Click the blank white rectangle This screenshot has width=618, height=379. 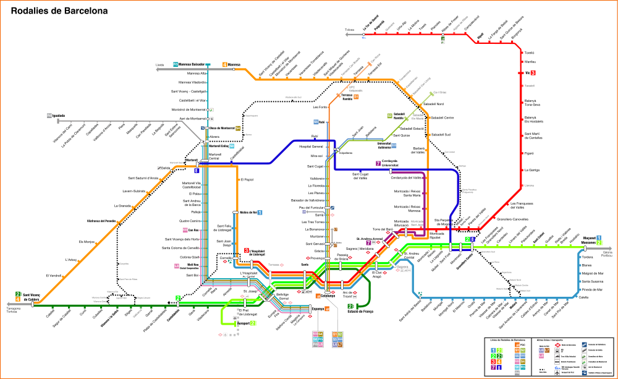coord(53,43)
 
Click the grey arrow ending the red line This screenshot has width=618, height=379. coord(347,35)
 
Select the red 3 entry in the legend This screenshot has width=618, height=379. coord(493,362)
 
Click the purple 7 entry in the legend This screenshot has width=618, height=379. coord(493,367)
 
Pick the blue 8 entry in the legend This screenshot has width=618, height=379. coord(499,367)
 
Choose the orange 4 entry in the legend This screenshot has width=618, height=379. coord(499,362)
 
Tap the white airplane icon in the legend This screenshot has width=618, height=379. coord(557,373)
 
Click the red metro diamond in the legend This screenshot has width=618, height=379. coord(557,345)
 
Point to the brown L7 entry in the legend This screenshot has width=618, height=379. coord(547,351)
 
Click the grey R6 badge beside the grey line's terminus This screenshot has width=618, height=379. coord(49,116)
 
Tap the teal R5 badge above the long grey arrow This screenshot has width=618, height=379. coord(176,64)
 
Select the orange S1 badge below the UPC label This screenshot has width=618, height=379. coord(356,96)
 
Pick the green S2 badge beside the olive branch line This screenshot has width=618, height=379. coord(389,116)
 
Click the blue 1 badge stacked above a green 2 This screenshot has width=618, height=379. coord(599,238)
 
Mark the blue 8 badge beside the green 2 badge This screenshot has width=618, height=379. coord(473,239)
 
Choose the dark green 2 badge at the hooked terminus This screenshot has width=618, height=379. coord(350,306)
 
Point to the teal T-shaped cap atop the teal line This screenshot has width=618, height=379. coord(208,64)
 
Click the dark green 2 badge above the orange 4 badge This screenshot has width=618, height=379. coord(18,294)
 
